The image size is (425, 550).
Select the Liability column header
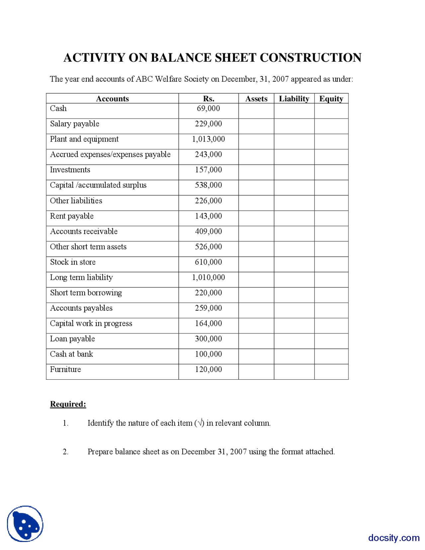[x=294, y=99]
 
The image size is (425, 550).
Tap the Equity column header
[x=331, y=99]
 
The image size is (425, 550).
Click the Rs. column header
[x=209, y=99]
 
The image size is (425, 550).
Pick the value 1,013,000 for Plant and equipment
[x=209, y=139]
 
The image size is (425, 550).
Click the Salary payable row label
[x=75, y=124]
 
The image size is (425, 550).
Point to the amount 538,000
[x=209, y=185]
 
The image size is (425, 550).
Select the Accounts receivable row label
[x=84, y=231]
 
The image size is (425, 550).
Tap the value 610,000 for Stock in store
[x=209, y=262]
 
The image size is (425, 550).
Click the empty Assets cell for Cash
[x=256, y=111]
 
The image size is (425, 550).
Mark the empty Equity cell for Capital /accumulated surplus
[x=331, y=188]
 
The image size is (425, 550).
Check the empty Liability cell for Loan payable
[x=294, y=341]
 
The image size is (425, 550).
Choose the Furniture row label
[x=65, y=369]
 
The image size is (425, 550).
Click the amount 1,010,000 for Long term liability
[x=209, y=277]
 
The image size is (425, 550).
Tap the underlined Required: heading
[x=68, y=404]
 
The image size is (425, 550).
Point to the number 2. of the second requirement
[x=66, y=452]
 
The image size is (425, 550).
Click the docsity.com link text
[x=394, y=538]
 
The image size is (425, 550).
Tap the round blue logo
[x=25, y=524]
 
